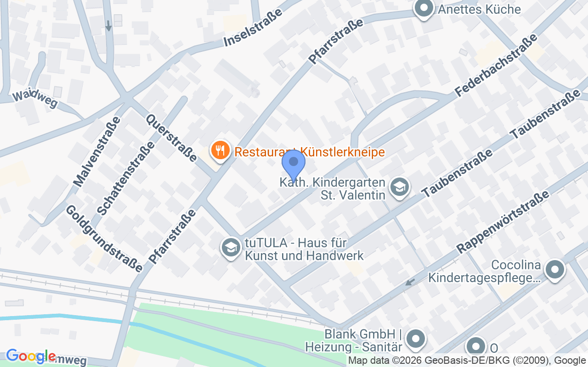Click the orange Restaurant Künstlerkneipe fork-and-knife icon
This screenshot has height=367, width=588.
(x=220, y=150)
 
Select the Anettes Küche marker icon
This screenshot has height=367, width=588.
(x=424, y=9)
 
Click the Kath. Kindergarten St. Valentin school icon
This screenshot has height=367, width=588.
(x=399, y=187)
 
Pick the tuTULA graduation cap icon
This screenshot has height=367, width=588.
(x=231, y=248)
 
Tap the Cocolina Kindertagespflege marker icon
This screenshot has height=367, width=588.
(x=554, y=270)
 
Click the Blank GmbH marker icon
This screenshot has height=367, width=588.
(x=416, y=339)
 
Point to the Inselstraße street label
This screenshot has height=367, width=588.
(x=253, y=29)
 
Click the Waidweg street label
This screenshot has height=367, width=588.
(x=35, y=99)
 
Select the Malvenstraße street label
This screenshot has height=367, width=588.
(x=97, y=152)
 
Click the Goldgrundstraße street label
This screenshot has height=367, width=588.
(x=103, y=238)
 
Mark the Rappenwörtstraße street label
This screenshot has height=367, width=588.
(x=503, y=222)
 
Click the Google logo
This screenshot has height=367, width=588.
(x=31, y=356)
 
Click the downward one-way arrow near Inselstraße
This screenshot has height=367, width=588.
(x=108, y=26)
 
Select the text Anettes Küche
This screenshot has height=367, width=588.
(x=479, y=9)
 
